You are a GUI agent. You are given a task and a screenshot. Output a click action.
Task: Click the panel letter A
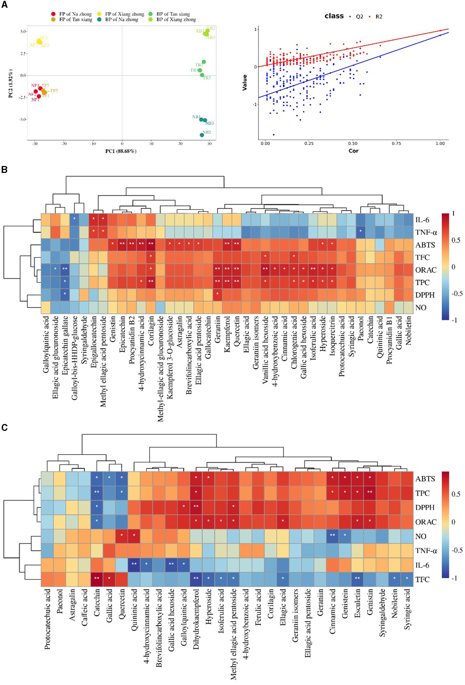(4, 5)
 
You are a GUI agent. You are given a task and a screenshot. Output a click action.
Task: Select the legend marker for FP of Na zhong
(53, 14)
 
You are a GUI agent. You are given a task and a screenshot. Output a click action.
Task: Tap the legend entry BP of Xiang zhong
(176, 20)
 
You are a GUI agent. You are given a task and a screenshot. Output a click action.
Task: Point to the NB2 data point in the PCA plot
(202, 135)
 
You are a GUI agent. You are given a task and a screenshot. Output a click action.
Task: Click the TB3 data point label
(198, 65)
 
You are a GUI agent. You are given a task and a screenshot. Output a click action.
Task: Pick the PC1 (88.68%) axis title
(121, 151)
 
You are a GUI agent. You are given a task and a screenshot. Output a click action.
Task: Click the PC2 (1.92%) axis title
(11, 83)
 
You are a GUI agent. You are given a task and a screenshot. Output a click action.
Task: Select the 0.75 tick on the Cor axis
(396, 144)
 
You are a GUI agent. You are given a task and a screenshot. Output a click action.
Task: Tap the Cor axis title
(354, 151)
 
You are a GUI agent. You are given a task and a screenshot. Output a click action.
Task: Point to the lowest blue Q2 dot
(273, 135)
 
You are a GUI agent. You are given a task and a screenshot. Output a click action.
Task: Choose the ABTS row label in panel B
(425, 245)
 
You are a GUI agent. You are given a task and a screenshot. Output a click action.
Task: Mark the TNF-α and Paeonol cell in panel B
(360, 232)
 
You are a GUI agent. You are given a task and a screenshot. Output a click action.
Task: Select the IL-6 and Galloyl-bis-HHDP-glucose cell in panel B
(74, 220)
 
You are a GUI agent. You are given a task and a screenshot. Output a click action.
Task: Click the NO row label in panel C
(420, 536)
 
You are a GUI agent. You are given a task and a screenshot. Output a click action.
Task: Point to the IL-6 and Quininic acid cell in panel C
(134, 565)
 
